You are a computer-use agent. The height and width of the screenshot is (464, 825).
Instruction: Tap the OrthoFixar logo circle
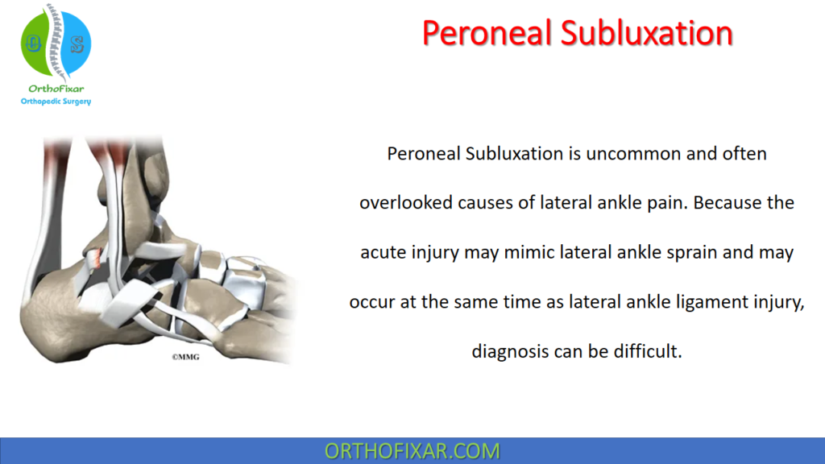click(56, 44)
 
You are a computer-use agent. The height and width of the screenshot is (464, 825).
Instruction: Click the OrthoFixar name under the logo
click(56, 89)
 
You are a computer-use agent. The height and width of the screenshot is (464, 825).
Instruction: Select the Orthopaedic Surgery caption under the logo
click(56, 101)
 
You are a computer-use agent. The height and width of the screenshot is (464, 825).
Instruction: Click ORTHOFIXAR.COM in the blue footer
click(412, 450)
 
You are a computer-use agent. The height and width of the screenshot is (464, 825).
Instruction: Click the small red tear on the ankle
click(95, 257)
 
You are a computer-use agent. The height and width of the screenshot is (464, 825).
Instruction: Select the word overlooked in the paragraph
click(402, 203)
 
